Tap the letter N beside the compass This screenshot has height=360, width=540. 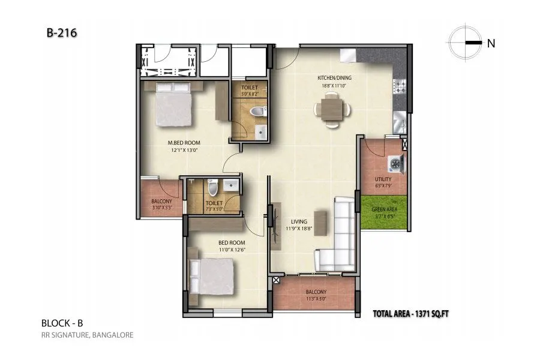click(490, 43)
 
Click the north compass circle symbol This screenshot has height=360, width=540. click(464, 43)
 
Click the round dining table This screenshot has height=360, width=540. click(331, 109)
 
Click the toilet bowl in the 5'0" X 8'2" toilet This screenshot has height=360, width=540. click(259, 112)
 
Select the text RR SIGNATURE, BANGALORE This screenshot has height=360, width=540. click(87, 335)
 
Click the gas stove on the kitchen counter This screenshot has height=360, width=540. click(400, 88)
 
